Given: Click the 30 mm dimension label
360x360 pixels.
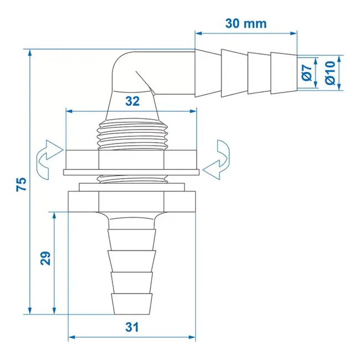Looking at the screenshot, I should tap(246, 23).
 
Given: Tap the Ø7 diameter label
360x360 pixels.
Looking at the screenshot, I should tap(306, 73).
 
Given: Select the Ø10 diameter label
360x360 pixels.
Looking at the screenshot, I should tap(330, 73).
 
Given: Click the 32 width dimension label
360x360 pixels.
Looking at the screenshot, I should tap(132, 101).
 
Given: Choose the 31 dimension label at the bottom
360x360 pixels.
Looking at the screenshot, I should tap(131, 327).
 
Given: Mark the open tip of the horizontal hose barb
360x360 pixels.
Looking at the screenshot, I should tap(295, 73).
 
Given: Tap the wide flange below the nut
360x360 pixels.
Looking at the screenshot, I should tap(131, 199).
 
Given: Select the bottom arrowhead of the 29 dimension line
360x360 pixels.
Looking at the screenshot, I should tap(54, 310).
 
